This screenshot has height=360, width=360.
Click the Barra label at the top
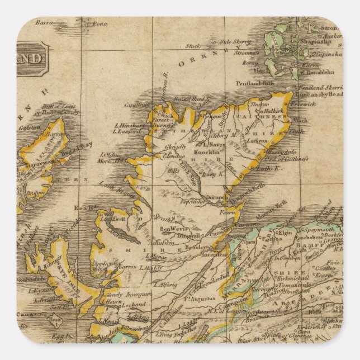point(43,23)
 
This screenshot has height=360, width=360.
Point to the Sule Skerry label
point(233,41)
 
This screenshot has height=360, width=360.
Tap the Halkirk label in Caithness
point(277,111)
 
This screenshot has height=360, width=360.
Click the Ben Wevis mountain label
point(172,229)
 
